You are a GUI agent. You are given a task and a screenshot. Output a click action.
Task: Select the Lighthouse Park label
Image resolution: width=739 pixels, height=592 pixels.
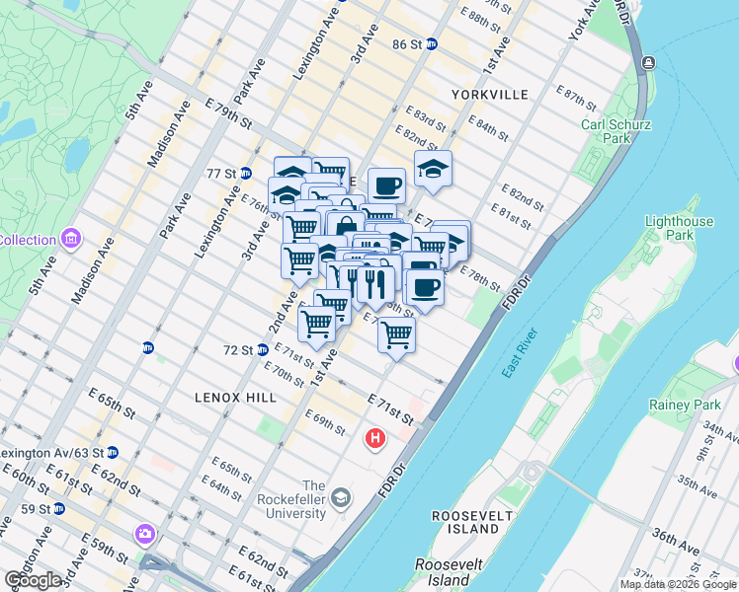(x=678, y=230)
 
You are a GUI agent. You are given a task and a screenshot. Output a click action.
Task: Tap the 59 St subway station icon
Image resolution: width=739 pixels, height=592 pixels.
(x=59, y=509)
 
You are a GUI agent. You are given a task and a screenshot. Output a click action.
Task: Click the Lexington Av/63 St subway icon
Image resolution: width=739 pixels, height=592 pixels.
(x=113, y=453)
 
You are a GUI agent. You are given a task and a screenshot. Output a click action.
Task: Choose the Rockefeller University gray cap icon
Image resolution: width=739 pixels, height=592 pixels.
(x=341, y=496)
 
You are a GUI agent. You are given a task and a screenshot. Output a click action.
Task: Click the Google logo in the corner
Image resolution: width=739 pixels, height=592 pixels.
(x=33, y=580)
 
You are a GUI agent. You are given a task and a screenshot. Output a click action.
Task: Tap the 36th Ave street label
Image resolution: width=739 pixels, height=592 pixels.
(x=676, y=540)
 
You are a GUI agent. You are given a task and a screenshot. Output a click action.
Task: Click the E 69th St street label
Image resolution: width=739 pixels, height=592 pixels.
(x=325, y=421)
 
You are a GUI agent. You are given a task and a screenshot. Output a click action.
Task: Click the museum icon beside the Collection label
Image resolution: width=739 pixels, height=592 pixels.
(x=70, y=240)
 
